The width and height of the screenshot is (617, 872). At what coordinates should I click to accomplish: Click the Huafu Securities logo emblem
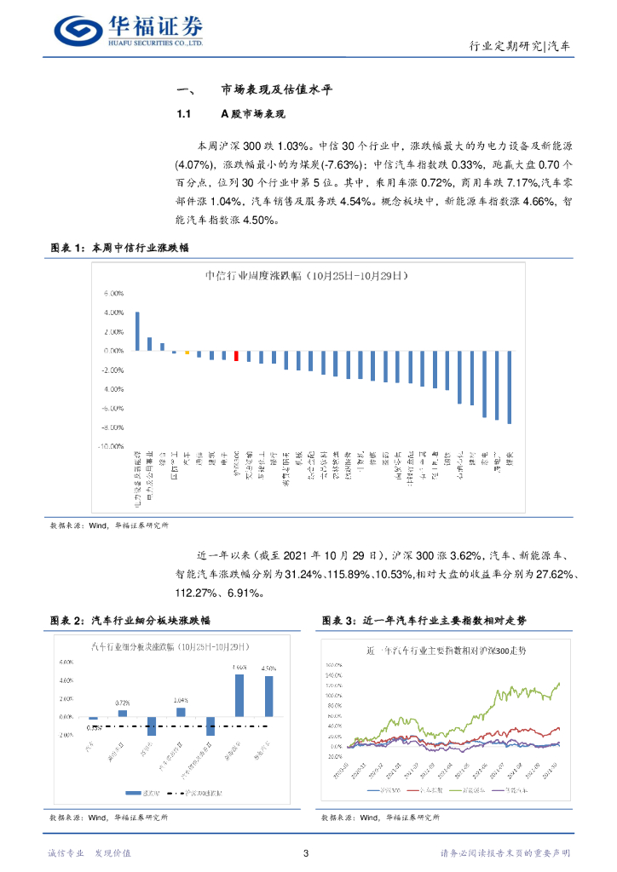coord(78,32)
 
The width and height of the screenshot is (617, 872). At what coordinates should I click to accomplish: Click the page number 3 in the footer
coord(307,852)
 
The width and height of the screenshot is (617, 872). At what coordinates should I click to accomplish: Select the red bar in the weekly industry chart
coord(236,356)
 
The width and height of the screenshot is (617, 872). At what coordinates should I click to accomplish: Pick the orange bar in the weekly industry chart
coord(187,353)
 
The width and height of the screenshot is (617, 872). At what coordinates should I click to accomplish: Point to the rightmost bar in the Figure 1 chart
coord(509,387)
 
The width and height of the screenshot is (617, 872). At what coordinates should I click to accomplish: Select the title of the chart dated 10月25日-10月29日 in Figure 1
coord(307,276)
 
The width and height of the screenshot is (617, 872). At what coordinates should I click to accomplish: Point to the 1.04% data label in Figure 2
coord(181,699)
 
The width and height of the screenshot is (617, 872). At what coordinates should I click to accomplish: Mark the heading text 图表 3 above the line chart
coord(340,619)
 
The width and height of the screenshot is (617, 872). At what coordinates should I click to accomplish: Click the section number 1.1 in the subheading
coord(182,114)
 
